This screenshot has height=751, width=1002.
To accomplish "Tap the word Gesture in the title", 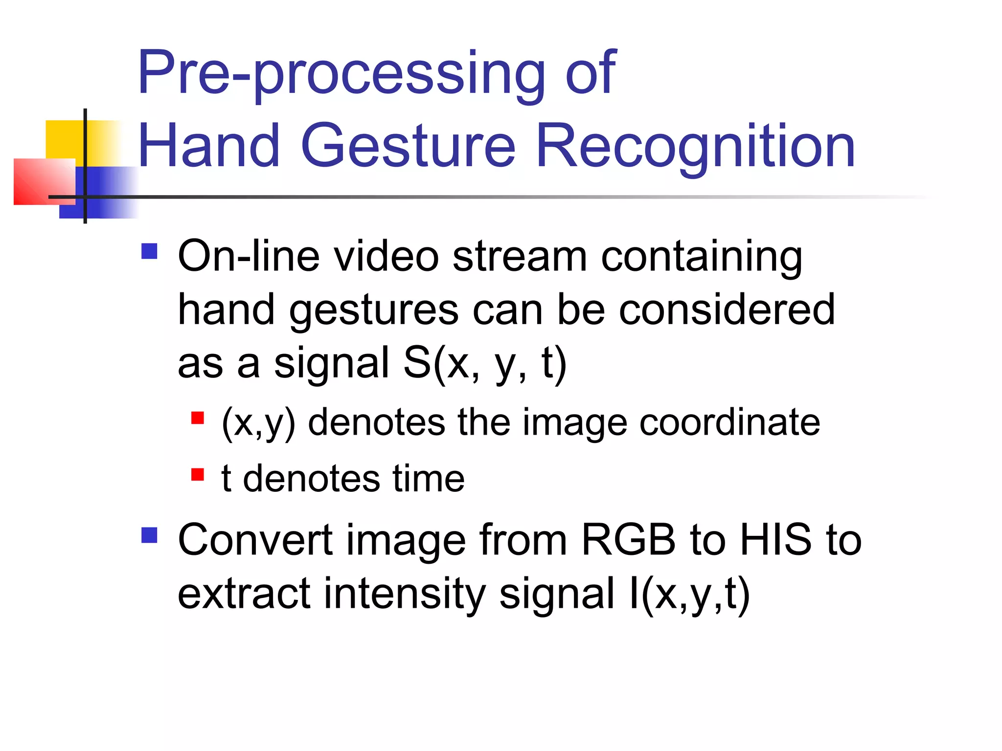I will [x=408, y=146].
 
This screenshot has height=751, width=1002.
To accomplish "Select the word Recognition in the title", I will [x=695, y=146].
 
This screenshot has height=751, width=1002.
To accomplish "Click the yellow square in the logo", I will [x=64, y=139].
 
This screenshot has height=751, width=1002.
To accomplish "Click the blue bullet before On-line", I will [x=149, y=251].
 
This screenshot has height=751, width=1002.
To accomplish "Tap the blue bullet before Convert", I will [x=149, y=535].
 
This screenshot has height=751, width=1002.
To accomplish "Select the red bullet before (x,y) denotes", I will [x=197, y=418].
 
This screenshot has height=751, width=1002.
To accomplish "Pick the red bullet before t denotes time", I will [x=197, y=474].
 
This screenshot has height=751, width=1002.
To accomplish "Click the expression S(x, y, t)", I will [x=485, y=364].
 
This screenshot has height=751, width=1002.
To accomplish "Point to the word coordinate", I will [x=729, y=422].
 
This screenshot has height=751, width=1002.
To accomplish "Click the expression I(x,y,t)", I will [x=689, y=594].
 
